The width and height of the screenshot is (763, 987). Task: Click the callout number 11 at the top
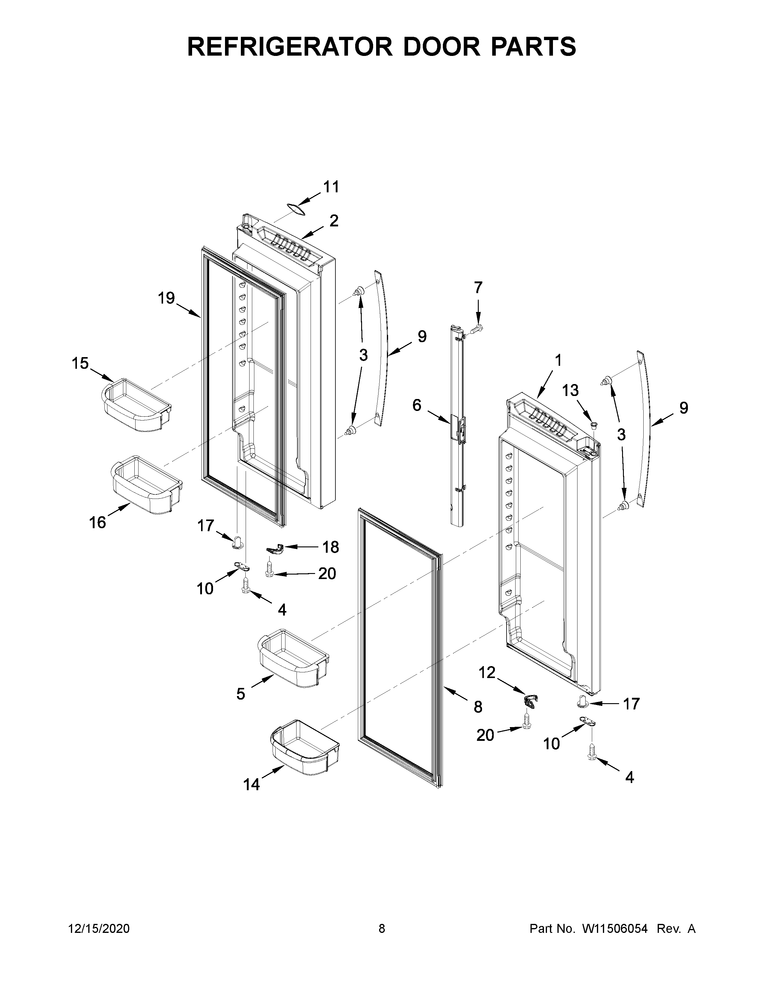coord(331,187)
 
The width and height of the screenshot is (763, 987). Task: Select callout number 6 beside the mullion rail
coord(417,405)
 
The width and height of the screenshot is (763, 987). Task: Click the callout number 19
coord(166,298)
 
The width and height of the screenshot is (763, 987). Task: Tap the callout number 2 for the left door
coord(334,220)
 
